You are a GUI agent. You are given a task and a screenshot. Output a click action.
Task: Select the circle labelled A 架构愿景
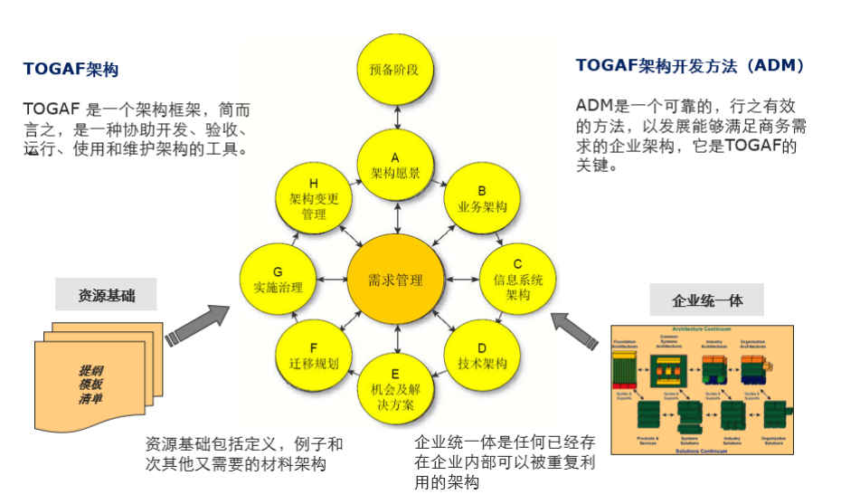tap(395, 164)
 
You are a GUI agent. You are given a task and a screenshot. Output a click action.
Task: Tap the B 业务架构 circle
tap(482, 198)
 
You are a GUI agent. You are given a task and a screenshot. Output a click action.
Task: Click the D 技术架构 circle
tap(482, 355)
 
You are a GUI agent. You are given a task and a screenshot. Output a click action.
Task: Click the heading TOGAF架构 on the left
tap(71, 70)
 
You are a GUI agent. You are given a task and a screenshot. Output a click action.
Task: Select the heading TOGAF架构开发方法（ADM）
tap(690, 66)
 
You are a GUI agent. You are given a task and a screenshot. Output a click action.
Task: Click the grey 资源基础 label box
tap(106, 295)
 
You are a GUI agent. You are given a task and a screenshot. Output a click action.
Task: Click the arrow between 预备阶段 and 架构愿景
tap(395, 117)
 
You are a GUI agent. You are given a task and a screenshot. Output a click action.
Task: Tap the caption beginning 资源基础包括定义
tap(243, 454)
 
